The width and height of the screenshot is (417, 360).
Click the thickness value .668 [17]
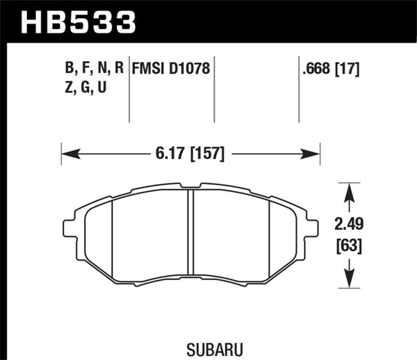(x=330, y=69)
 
